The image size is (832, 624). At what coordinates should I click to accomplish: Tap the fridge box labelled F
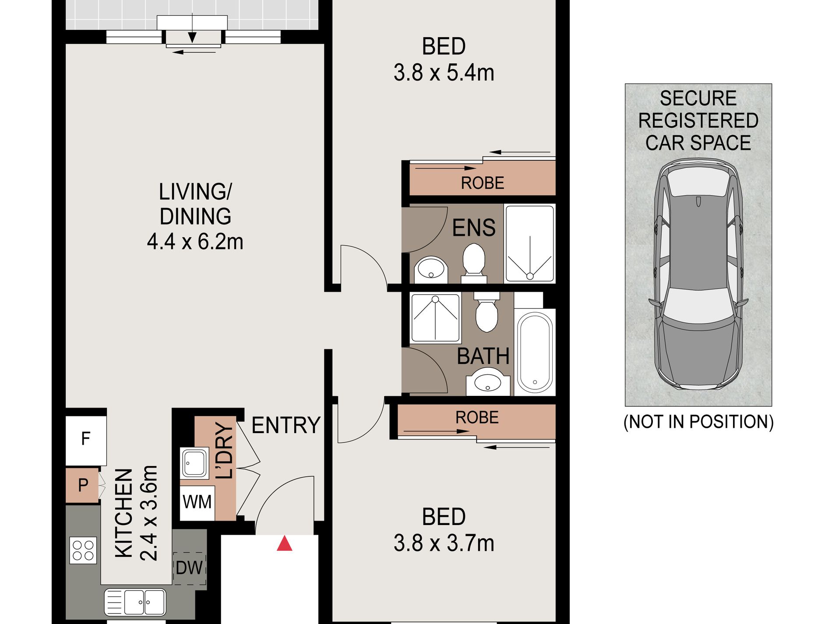(x=86, y=441)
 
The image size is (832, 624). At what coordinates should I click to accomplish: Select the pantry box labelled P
(x=82, y=485)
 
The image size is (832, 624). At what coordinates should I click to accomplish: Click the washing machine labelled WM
(x=197, y=503)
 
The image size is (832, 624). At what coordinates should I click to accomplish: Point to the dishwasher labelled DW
(x=190, y=568)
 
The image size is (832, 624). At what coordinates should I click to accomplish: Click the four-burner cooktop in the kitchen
(x=83, y=550)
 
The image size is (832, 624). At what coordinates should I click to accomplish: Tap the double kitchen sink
(x=135, y=603)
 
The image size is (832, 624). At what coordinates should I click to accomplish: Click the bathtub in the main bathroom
(x=535, y=353)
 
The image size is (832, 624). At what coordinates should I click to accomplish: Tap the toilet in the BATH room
(x=487, y=312)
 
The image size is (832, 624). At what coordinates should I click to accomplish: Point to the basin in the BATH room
(x=488, y=382)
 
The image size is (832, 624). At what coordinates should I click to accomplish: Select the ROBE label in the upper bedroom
(x=483, y=183)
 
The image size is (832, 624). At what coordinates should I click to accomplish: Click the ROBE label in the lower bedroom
(x=477, y=418)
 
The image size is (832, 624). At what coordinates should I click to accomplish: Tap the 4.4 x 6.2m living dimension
(x=195, y=242)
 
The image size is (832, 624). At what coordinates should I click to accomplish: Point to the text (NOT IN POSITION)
(x=698, y=422)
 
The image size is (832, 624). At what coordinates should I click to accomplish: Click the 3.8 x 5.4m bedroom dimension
(x=444, y=73)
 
